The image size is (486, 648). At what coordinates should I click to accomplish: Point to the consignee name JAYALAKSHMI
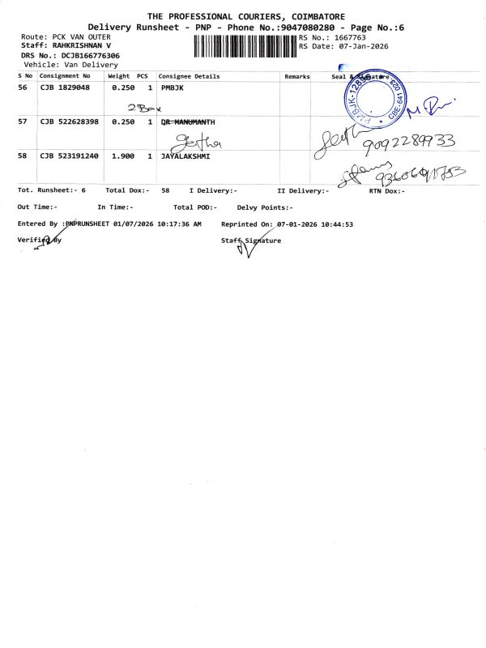click(x=185, y=155)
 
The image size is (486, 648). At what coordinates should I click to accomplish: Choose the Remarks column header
click(x=297, y=76)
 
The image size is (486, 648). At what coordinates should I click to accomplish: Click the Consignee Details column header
click(x=189, y=76)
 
